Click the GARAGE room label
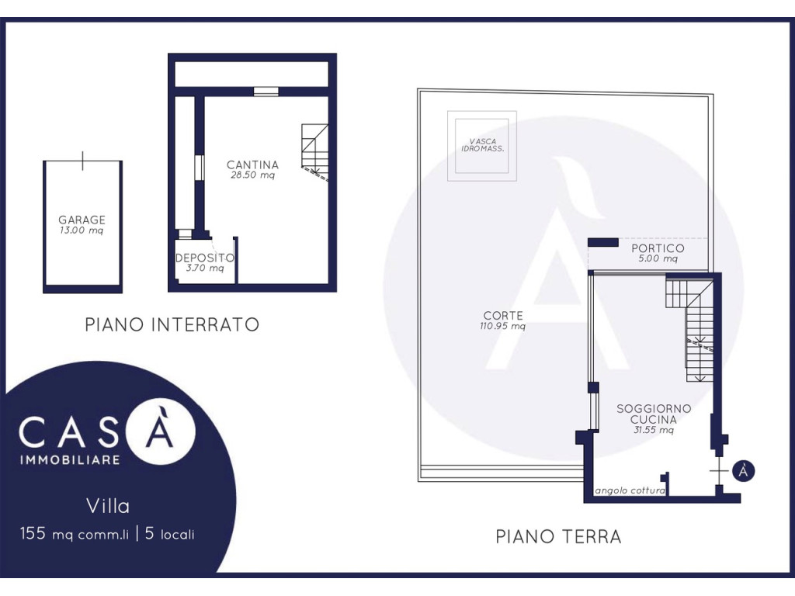pos(82,220)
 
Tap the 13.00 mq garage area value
pos(82,230)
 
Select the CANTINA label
pos(252,165)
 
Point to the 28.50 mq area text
pos(252,175)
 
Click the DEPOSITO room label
pos(205,258)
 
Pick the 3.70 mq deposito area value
pos(205,268)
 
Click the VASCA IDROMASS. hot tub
pos(482,146)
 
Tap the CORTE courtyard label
pos(503,316)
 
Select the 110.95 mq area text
pos(503,327)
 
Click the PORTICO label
pos(658,248)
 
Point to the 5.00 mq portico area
pos(658,258)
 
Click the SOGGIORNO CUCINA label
pos(654,414)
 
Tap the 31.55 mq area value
pos(654,430)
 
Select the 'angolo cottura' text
pos(630,490)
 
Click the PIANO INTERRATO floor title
pos(172,325)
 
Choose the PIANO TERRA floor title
pos(558,537)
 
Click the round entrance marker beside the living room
pos(743,471)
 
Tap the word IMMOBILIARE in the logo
pos(70,460)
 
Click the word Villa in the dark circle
pos(108,506)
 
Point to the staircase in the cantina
pos(315,152)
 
